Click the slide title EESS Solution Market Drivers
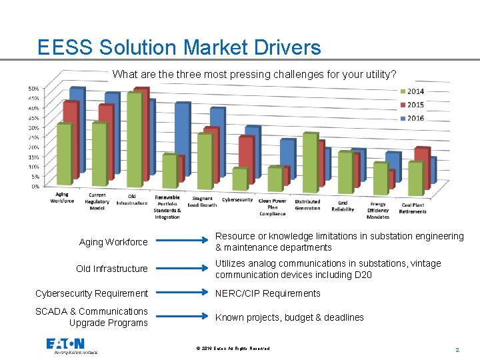(179, 47)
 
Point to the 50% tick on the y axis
(33, 89)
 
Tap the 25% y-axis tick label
(33, 137)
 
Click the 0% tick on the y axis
(34, 187)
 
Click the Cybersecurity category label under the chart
(237, 199)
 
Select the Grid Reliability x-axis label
(343, 205)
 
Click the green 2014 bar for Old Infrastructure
(135, 140)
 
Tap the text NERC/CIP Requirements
(267, 293)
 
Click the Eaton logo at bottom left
(65, 345)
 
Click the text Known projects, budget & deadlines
(289, 317)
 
